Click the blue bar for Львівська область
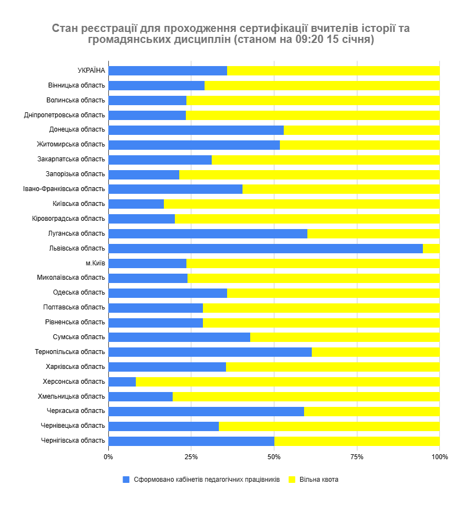click(x=266, y=248)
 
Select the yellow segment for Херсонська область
click(x=288, y=382)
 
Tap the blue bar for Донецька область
click(x=196, y=130)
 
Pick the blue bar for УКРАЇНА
click(x=168, y=70)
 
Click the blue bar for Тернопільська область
click(x=210, y=352)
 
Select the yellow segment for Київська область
click(x=301, y=204)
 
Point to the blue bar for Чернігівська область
click(x=191, y=440)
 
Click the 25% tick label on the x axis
click(x=191, y=457)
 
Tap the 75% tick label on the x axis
click(x=357, y=457)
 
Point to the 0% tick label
click(x=108, y=457)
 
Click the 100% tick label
click(x=439, y=457)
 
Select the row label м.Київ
click(x=95, y=263)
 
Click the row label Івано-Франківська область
click(x=64, y=189)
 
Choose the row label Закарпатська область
click(x=71, y=159)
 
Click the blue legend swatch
click(x=126, y=480)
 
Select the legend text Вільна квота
click(x=319, y=480)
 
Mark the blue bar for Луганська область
click(x=208, y=233)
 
